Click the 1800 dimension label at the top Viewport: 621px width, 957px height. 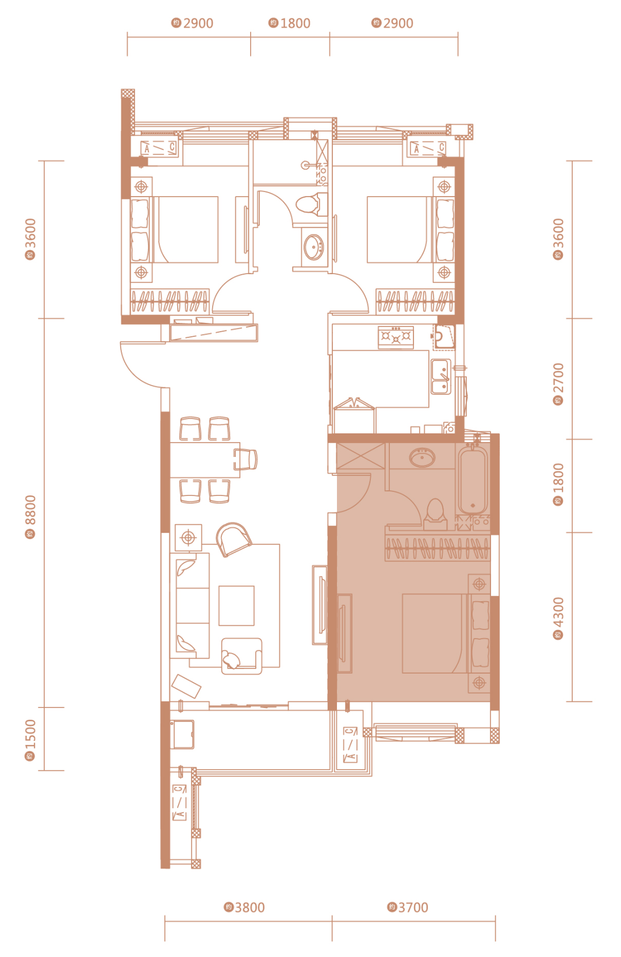coord(289,23)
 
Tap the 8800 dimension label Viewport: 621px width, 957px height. coord(30,517)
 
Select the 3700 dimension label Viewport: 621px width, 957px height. coord(407,907)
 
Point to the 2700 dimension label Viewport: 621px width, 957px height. coord(558,384)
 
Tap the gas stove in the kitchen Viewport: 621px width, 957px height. coord(396,337)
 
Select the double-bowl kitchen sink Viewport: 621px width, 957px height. coord(440,376)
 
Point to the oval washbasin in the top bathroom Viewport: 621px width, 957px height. coord(314,247)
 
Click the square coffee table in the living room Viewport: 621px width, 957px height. coord(236,605)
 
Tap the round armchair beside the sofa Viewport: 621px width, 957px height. coord(233,539)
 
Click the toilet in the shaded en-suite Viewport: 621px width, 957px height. coord(435,514)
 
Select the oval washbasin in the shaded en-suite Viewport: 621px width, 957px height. coord(422,457)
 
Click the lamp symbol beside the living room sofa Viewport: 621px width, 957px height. coord(189,537)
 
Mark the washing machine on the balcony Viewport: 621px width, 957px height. coord(182,735)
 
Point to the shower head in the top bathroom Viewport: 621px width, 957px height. coord(305,165)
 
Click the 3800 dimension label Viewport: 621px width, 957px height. coord(244,907)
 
